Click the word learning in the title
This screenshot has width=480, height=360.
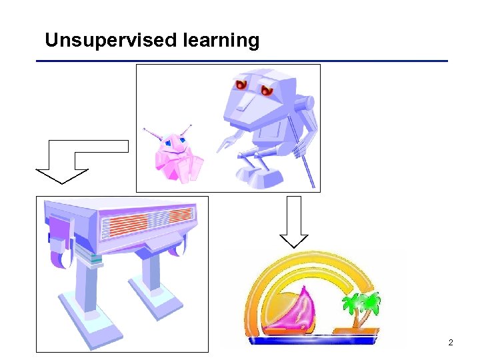pos(220,41)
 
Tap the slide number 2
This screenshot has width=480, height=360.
pos(451,343)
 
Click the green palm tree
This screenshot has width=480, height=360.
pos(359,307)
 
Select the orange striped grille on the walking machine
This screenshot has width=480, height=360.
pos(147,224)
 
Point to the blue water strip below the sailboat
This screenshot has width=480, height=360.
pos(313,340)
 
